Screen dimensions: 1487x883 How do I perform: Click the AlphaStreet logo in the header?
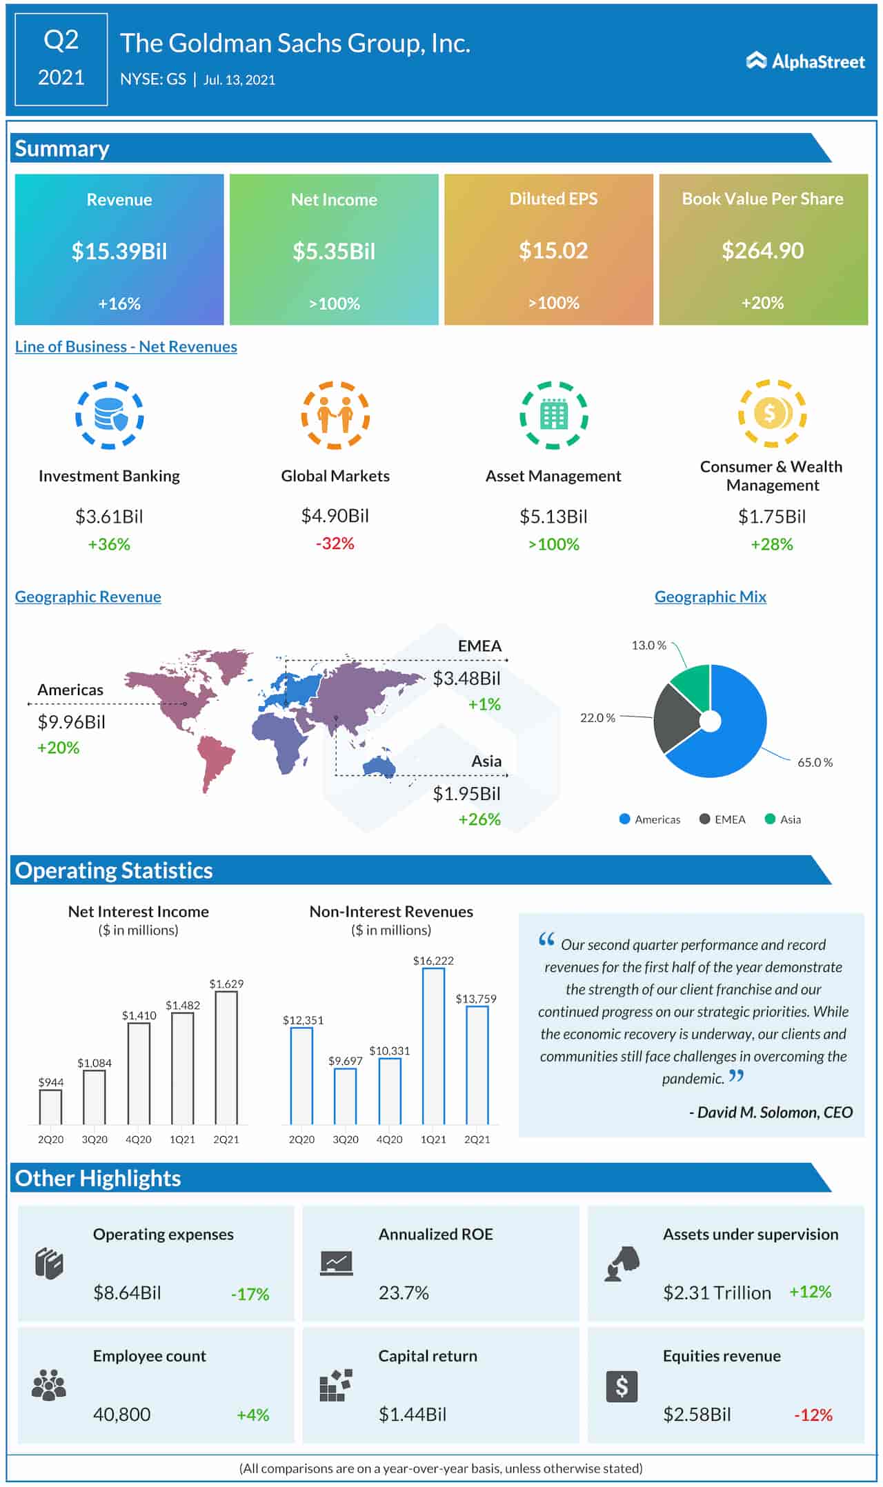click(x=805, y=61)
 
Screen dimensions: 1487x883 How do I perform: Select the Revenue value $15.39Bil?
click(x=119, y=251)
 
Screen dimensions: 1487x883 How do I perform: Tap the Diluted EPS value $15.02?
click(x=553, y=250)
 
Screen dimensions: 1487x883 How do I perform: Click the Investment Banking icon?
click(x=109, y=415)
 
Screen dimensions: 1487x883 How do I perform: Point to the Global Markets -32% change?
click(x=335, y=543)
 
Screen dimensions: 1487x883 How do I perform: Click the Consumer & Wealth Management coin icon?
click(x=772, y=414)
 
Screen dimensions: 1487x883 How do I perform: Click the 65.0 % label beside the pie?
click(x=815, y=762)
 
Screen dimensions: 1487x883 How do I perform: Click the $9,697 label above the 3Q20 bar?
click(x=345, y=1061)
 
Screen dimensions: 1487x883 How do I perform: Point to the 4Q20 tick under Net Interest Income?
click(x=138, y=1139)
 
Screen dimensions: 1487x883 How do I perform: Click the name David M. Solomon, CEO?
click(x=771, y=1112)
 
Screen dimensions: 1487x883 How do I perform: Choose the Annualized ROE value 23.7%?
click(x=404, y=1293)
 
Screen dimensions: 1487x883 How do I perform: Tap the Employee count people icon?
click(x=49, y=1385)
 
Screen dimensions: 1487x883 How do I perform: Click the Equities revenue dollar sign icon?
click(x=622, y=1386)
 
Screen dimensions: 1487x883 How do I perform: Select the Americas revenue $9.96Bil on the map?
click(x=71, y=722)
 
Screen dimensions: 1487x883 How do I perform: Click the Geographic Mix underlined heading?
click(x=710, y=597)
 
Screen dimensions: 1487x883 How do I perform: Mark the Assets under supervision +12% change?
click(x=810, y=1292)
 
